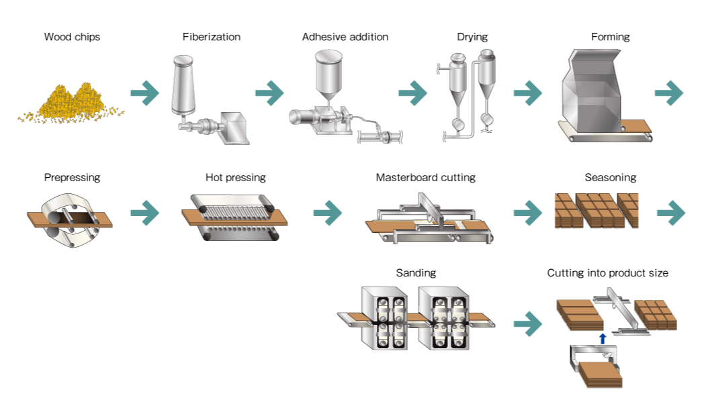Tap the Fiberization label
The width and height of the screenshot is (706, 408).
[x=211, y=37]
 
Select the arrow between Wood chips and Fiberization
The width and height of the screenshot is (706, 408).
[x=144, y=93]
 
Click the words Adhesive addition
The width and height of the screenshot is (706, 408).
[x=345, y=37]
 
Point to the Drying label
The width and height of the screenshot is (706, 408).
[x=472, y=37]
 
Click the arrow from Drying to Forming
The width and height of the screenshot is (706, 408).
[x=528, y=93]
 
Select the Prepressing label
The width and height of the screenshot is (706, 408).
[x=72, y=178]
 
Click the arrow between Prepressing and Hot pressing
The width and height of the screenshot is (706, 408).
[x=144, y=212]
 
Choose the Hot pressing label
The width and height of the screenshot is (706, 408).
[x=236, y=178]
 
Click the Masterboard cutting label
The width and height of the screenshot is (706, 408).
[x=425, y=178]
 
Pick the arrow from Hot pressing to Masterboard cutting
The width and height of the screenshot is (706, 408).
[x=327, y=212]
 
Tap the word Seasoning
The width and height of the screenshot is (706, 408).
[x=610, y=178]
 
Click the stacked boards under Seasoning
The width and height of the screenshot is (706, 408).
[x=597, y=211]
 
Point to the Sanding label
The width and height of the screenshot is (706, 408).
[x=416, y=273]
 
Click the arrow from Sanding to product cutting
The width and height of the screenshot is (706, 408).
[x=528, y=324]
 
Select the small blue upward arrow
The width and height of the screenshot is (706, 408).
[x=603, y=339]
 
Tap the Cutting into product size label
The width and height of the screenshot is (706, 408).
[x=607, y=273]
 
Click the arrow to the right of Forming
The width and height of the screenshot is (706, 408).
[x=668, y=93]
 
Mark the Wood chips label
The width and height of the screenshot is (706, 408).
[x=72, y=37]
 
